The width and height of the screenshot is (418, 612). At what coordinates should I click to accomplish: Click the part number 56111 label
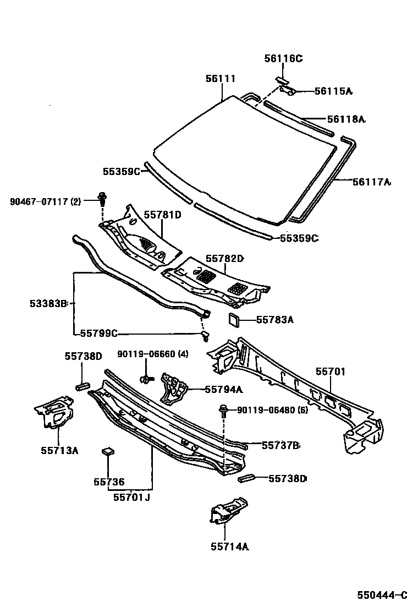221,79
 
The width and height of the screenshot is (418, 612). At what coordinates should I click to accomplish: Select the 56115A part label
333,91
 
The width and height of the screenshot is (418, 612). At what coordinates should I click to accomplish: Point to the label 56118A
346,119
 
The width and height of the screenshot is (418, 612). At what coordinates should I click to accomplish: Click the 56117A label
372,182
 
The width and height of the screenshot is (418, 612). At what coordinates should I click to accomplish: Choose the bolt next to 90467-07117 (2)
102,198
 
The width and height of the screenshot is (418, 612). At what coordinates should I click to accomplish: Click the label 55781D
162,215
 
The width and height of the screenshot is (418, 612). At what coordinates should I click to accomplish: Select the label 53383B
48,303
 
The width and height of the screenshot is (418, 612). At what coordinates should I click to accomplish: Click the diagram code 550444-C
382,595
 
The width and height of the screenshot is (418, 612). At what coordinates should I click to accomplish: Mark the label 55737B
280,445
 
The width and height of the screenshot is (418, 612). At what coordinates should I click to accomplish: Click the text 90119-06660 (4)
152,354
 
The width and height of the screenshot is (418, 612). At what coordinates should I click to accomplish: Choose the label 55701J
131,497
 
